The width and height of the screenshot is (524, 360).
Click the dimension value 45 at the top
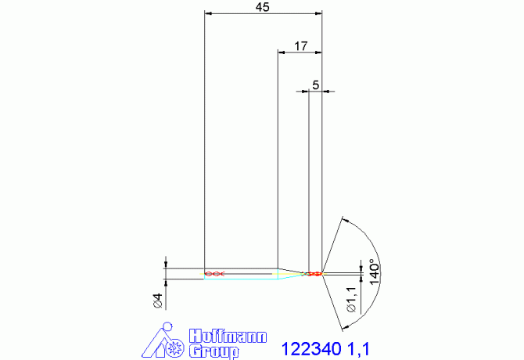point(263,7)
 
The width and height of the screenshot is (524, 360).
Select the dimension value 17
point(300,46)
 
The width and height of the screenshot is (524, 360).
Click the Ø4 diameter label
point(157,300)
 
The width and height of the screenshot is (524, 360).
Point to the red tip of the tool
point(315,274)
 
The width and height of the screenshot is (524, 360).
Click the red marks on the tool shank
point(214,274)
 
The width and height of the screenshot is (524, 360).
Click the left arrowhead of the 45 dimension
point(207,13)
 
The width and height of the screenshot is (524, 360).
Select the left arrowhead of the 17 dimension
point(283,52)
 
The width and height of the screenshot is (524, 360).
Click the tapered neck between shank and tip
point(291,272)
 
